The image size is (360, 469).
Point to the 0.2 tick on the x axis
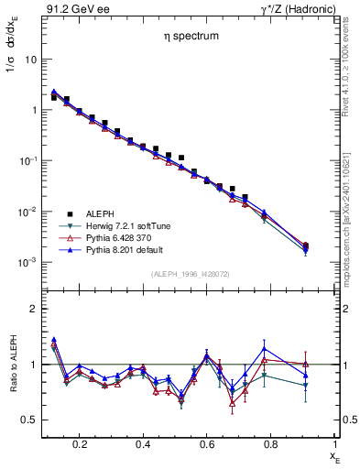[81, 443]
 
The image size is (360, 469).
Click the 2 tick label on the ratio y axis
[33, 310]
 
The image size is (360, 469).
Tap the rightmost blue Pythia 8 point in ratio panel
[306, 376]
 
